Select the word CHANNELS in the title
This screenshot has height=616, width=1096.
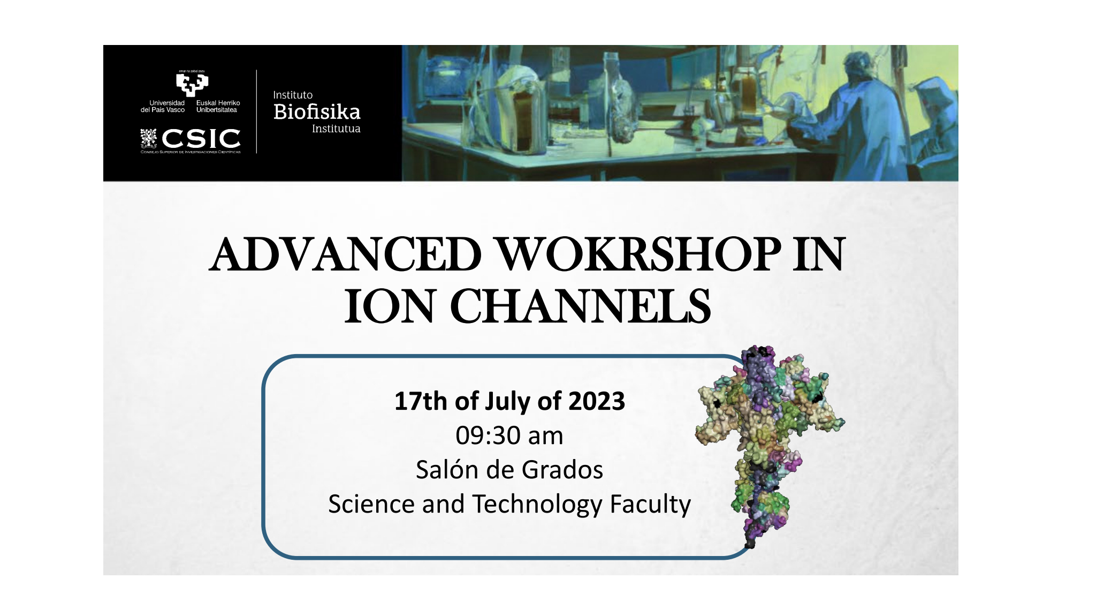click(581, 306)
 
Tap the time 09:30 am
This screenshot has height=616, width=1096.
click(509, 435)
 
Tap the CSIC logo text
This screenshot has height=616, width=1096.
click(201, 139)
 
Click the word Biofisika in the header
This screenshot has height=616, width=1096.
click(317, 112)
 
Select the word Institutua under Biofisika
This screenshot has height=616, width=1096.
click(336, 129)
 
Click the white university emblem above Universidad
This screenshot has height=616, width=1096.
click(192, 84)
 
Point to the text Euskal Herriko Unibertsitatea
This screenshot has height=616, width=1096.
click(218, 106)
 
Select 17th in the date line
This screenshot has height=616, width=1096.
click(421, 401)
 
